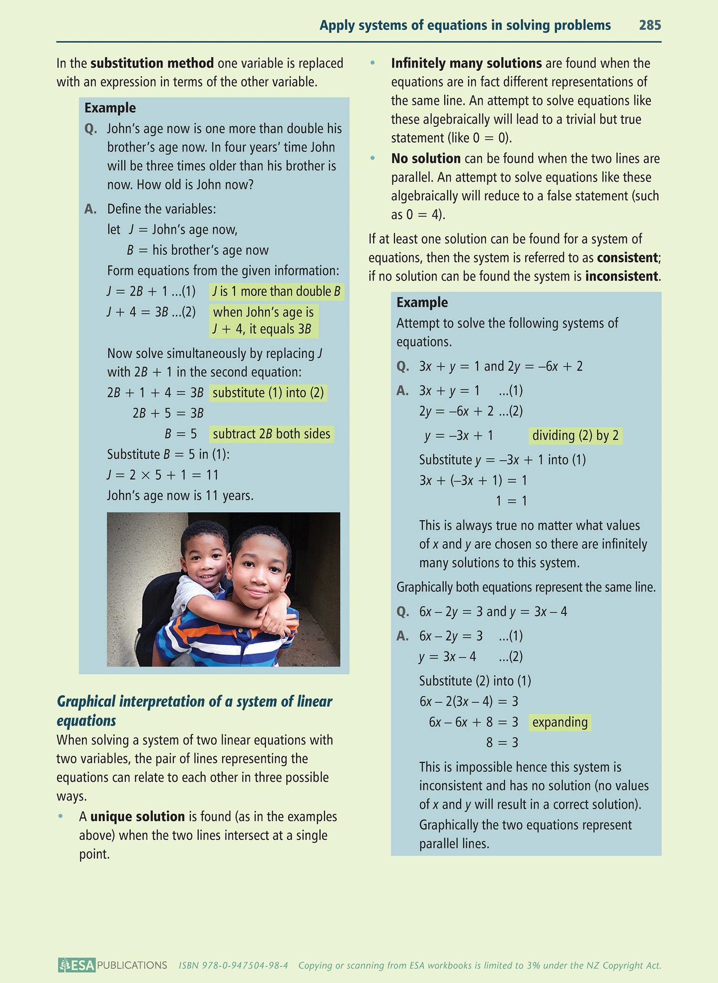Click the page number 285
(650, 25)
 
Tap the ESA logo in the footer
(77, 965)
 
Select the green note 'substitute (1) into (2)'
(268, 393)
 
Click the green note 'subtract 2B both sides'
(271, 434)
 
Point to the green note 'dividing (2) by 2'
(575, 435)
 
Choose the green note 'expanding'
(560, 722)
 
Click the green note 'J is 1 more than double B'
(276, 291)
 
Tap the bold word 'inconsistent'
(622, 276)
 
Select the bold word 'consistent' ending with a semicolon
(628, 257)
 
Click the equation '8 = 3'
(502, 742)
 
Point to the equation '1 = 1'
(511, 501)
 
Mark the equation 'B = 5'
(181, 434)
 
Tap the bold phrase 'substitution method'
(152, 63)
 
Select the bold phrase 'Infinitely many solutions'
(466, 63)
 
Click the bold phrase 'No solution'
(426, 159)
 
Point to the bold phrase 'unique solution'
(138, 817)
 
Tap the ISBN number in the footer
(234, 966)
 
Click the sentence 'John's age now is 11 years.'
(180, 495)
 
